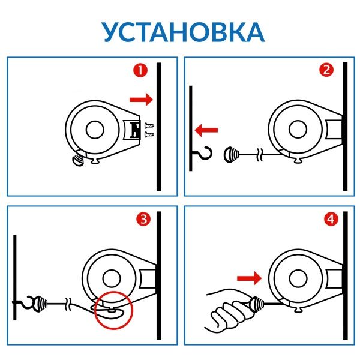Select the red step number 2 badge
click(326, 70)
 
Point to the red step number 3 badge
click(143, 220)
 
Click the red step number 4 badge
click(326, 220)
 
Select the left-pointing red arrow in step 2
click(207, 128)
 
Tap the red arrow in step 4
click(248, 278)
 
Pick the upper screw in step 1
click(149, 125)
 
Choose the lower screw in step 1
click(149, 134)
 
